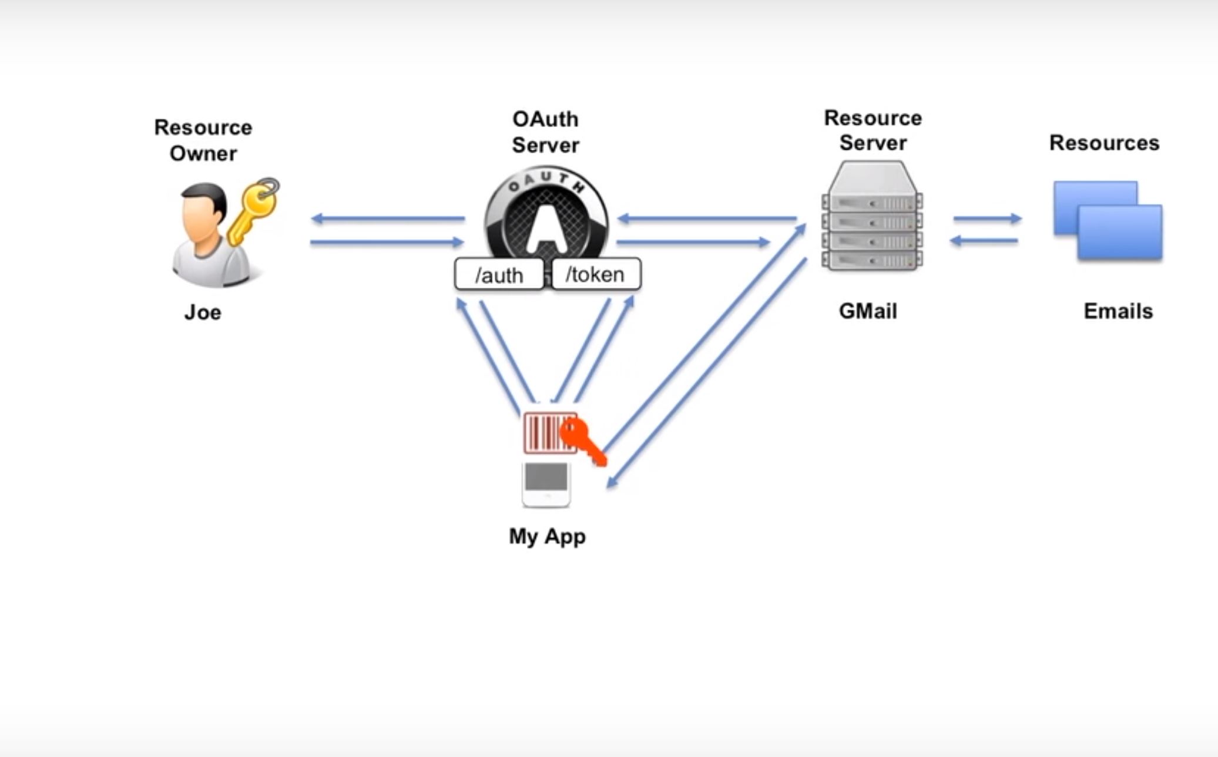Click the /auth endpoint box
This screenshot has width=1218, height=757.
(499, 274)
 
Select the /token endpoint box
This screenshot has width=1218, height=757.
(595, 274)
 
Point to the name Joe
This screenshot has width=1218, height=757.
(203, 312)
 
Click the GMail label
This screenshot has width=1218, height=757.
(868, 311)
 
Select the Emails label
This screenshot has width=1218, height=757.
(1118, 311)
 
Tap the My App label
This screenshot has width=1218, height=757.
(547, 536)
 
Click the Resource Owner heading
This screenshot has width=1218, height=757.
(203, 140)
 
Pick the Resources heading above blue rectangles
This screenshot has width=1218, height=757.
(1104, 143)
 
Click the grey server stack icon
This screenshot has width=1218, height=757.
(873, 217)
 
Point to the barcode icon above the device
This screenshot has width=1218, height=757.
(543, 433)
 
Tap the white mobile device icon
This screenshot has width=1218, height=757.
(546, 485)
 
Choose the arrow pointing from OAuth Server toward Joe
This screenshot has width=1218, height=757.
(388, 219)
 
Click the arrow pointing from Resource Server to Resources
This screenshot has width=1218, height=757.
(987, 218)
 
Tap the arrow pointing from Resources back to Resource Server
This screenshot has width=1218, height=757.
(984, 240)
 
